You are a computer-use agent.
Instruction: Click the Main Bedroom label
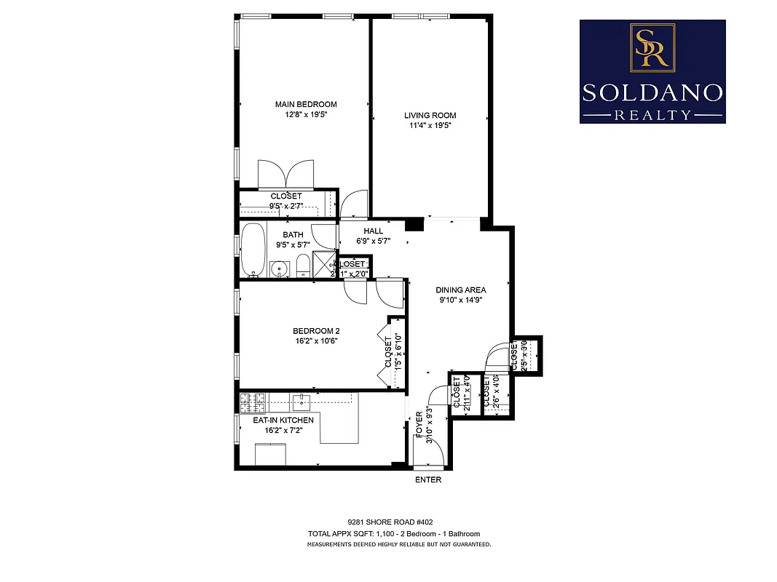point(306,105)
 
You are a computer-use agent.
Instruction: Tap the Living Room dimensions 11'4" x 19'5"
point(430,125)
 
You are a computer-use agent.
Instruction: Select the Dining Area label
point(461,290)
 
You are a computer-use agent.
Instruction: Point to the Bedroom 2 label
point(315,330)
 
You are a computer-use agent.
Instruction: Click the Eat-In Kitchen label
point(283,420)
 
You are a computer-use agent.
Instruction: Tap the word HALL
point(373,231)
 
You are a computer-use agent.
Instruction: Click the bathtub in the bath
point(253,250)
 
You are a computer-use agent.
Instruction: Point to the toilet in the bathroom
point(302,266)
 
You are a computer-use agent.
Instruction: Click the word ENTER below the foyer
point(428,480)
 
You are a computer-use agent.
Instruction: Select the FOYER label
point(419,425)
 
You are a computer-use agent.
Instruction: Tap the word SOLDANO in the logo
point(652,92)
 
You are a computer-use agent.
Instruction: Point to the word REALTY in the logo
point(652,114)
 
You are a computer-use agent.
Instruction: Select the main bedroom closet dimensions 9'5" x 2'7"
point(286,206)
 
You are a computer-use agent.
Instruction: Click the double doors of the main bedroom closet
point(286,175)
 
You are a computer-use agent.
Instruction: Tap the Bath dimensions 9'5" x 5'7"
point(293,245)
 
